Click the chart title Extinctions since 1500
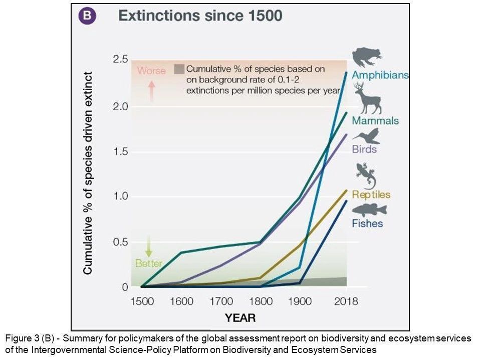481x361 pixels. click(200, 16)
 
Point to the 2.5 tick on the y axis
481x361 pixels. click(121, 59)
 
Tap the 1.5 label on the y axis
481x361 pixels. click(121, 151)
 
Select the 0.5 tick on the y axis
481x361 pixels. click(121, 242)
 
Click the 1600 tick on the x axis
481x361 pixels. click(181, 301)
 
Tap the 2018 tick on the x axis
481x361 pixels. click(346, 301)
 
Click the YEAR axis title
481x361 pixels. click(240, 317)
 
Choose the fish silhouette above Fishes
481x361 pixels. click(369, 210)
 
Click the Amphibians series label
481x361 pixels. click(380, 75)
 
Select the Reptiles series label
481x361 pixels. click(371, 195)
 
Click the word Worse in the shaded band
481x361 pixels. click(151, 71)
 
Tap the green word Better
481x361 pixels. click(149, 263)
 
